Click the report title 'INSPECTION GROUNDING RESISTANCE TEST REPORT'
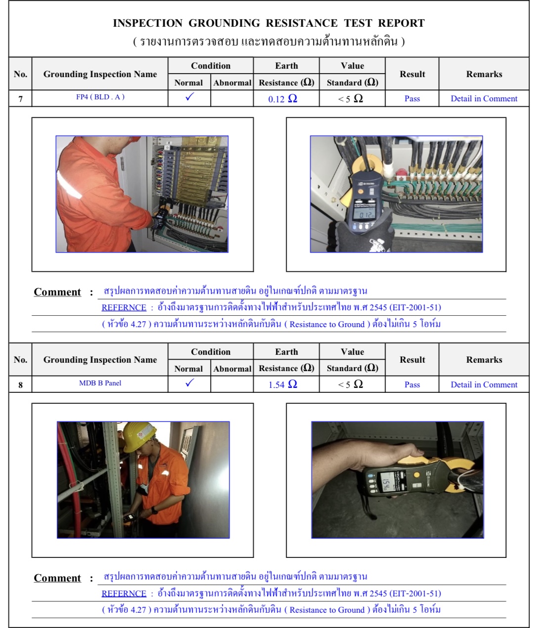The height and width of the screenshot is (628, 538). point(269,23)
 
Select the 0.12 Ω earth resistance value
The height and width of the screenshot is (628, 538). point(282,99)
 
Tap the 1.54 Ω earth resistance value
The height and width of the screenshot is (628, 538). point(282,384)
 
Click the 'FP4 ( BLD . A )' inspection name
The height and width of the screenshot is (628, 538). point(100,97)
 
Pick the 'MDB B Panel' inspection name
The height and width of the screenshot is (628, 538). point(100,383)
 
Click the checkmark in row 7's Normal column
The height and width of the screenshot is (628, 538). point(189,97)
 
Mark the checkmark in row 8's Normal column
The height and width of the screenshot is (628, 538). point(189,383)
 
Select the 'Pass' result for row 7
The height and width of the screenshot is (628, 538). point(412,99)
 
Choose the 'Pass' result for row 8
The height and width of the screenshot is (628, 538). point(412,384)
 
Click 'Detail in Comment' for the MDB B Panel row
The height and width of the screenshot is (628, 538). point(484,384)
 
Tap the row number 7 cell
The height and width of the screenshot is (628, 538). point(20,99)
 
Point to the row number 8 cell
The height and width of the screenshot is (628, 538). point(20,385)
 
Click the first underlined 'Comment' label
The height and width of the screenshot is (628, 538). point(57,292)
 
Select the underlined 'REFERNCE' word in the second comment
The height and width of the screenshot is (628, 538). point(124,593)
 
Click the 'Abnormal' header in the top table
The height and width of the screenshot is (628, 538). point(232,83)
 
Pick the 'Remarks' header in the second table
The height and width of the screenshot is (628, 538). point(484,360)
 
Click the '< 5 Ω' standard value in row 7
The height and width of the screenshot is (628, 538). point(351,99)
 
